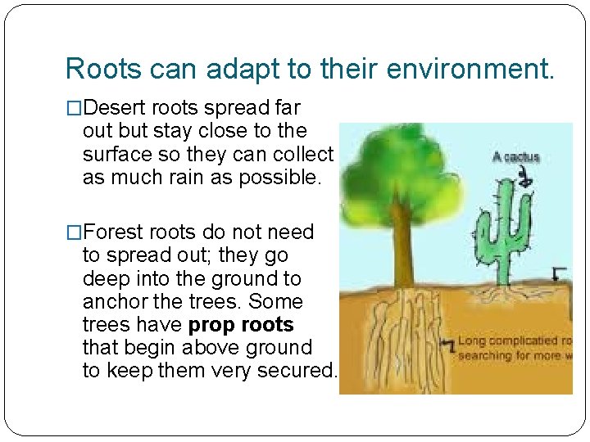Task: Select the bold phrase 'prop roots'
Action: pos(241,324)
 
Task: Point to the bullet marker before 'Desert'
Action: pos(74,108)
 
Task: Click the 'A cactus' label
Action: pos(515,156)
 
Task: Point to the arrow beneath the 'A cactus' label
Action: pos(533,175)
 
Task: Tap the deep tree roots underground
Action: pos(402,344)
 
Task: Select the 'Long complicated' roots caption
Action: pos(515,348)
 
